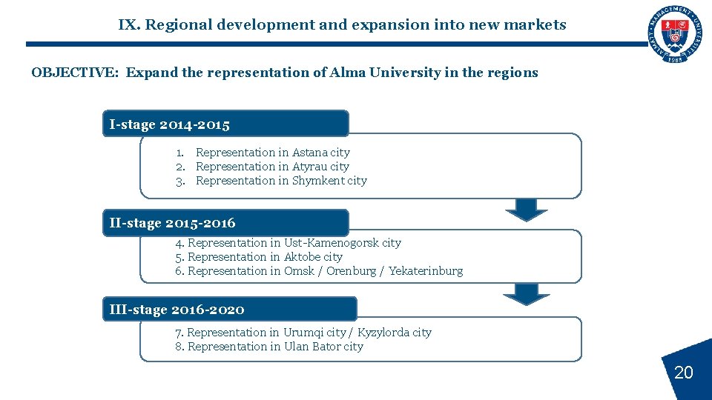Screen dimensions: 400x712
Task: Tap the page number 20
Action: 683,373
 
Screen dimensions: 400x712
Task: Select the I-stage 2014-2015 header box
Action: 225,124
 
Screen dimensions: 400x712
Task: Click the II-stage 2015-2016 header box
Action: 225,222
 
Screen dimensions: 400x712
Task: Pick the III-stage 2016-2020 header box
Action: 229,309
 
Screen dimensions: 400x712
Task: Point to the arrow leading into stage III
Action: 527,293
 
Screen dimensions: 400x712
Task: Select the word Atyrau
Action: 309,167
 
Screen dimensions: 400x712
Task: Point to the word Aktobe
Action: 303,257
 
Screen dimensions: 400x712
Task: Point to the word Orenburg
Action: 351,271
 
